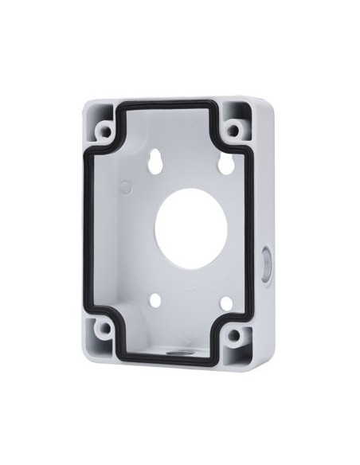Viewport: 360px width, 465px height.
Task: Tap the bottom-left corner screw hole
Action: click(x=102, y=326)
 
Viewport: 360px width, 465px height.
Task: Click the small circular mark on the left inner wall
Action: click(x=124, y=185)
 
